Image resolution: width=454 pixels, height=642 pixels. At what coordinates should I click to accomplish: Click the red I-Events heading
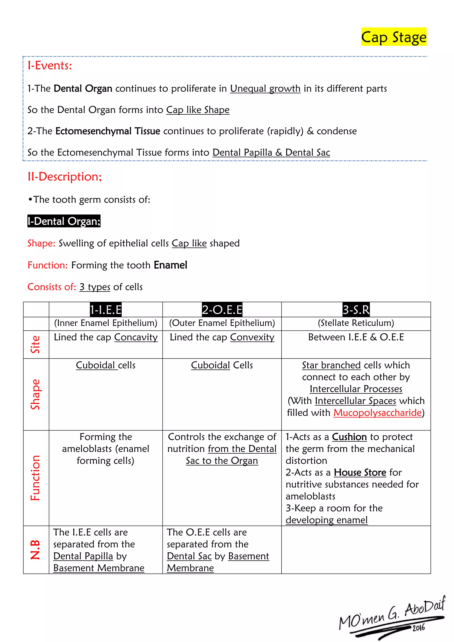click(x=50, y=66)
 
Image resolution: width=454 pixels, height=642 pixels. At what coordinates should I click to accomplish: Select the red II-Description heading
click(x=65, y=177)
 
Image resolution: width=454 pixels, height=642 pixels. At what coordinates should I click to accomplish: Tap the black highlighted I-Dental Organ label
click(x=64, y=221)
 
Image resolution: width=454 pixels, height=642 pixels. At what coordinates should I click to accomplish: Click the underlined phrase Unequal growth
click(x=265, y=89)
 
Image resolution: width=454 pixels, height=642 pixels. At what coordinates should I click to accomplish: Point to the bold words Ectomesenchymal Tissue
click(x=108, y=131)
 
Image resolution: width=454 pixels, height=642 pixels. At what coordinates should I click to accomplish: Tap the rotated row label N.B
click(x=35, y=550)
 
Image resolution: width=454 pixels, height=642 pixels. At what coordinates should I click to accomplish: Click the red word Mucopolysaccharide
click(x=377, y=413)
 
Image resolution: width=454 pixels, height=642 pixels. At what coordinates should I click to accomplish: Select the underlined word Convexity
click(x=252, y=337)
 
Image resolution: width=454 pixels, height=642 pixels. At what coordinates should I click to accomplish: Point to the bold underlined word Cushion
click(x=349, y=437)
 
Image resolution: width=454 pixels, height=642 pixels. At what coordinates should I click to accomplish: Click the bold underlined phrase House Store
click(x=360, y=473)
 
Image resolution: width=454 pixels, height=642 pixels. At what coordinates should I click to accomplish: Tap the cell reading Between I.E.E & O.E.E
click(x=356, y=337)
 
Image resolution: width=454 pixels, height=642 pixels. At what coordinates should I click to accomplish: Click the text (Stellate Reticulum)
click(x=356, y=323)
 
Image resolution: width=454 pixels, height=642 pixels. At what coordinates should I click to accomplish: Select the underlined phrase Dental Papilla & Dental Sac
click(x=271, y=153)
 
